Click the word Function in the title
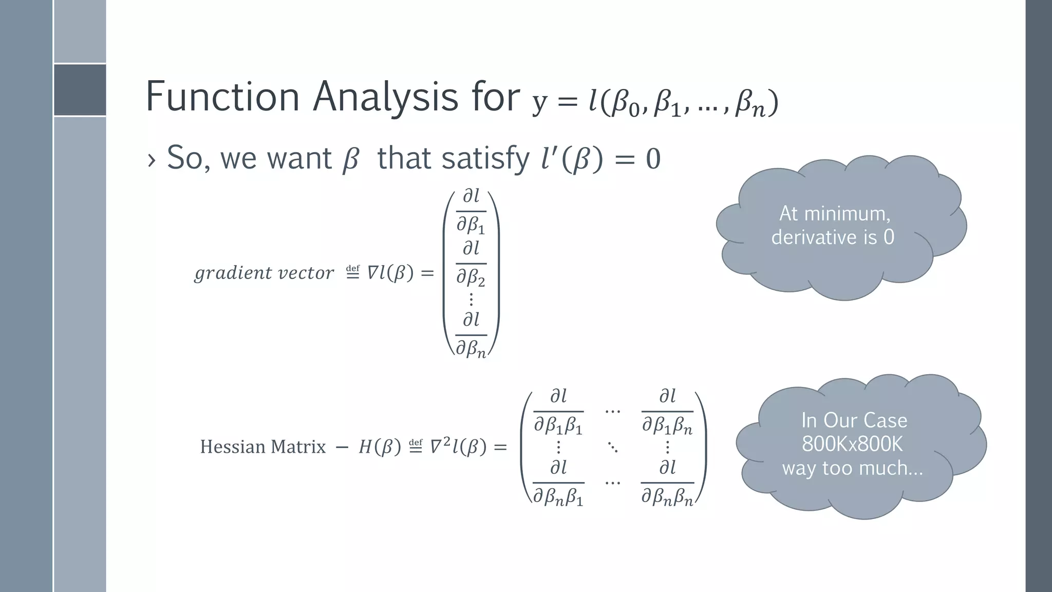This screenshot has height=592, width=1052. [222, 97]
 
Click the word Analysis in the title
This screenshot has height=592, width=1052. [385, 97]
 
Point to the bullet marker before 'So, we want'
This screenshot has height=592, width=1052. [151, 160]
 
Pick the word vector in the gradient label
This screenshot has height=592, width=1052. [306, 273]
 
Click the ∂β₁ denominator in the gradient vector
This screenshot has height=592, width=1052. [471, 225]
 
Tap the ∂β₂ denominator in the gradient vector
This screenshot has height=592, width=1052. [471, 277]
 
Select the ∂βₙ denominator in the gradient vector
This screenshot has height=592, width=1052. [471, 349]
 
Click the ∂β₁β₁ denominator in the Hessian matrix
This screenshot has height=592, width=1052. [558, 426]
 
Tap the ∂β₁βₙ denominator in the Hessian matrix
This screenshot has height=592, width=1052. [667, 426]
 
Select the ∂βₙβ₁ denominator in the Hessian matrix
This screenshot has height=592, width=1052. [558, 497]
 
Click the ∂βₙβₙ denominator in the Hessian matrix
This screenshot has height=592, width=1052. [667, 497]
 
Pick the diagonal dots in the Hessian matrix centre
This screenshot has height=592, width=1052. [612, 448]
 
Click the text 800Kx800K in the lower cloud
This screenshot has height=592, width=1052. [852, 444]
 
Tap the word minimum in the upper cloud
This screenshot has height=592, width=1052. [835, 213]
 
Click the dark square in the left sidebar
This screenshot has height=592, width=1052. [80, 90]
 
